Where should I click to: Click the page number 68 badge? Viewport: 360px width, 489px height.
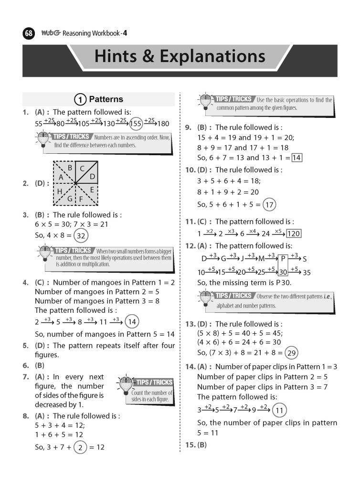pyautogui.click(x=29, y=34)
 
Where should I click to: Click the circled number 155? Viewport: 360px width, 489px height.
pyautogui.click(x=136, y=123)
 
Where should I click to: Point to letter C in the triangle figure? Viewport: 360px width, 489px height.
pyautogui.click(x=82, y=168)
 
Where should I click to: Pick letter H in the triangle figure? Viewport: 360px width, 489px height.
pyautogui.click(x=60, y=191)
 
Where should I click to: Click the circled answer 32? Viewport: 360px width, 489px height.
pyautogui.click(x=81, y=235)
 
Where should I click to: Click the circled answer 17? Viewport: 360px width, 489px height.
pyautogui.click(x=269, y=205)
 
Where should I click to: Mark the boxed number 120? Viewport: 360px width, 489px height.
pyautogui.click(x=293, y=234)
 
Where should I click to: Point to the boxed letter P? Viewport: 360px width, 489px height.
pyautogui.click(x=283, y=259)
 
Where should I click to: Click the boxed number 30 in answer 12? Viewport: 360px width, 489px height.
pyautogui.click(x=283, y=272)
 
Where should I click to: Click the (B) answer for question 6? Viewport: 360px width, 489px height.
pyautogui.click(x=40, y=365)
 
